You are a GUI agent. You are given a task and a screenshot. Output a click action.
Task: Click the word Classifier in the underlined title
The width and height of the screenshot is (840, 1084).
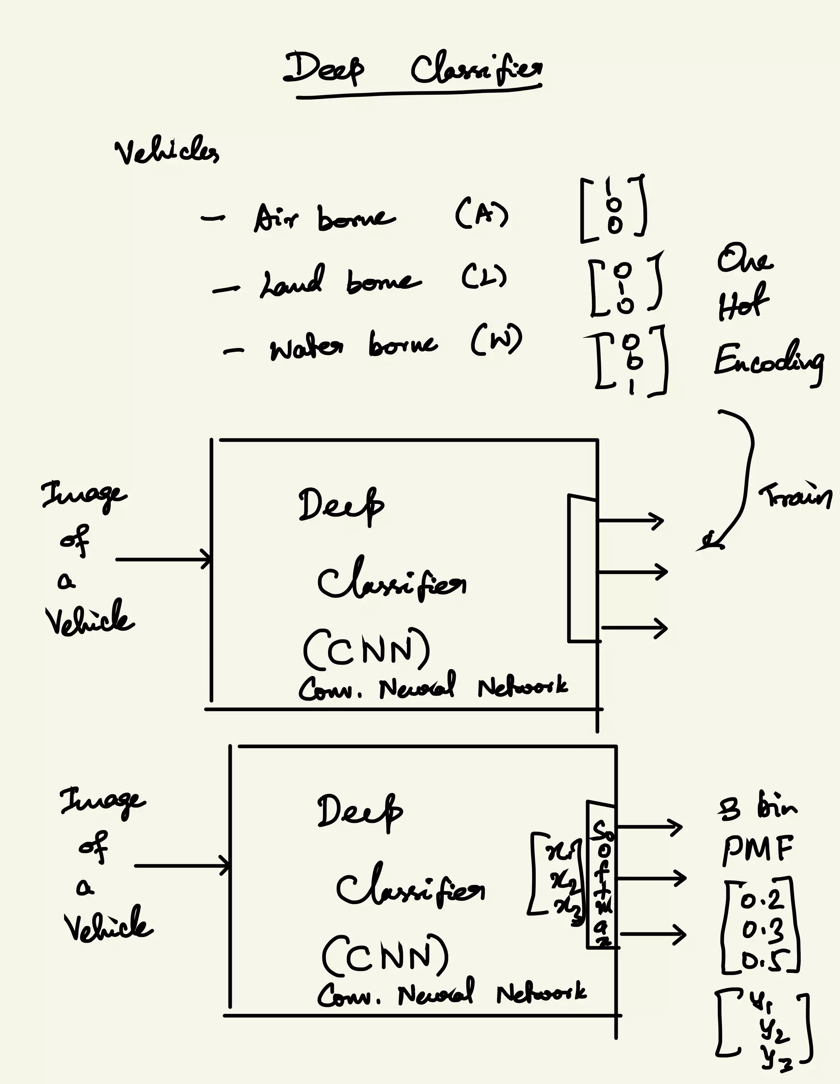476,71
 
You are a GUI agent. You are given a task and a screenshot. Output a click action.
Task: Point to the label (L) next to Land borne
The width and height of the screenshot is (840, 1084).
484,276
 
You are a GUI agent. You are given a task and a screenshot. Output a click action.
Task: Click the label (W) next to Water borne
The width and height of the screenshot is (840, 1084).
496,340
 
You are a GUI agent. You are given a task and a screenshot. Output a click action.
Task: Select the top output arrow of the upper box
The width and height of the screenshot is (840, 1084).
630,521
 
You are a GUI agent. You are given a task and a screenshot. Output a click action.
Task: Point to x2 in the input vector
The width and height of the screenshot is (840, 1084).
564,881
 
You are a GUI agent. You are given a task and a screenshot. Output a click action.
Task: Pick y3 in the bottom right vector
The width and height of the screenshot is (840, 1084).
774,1063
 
